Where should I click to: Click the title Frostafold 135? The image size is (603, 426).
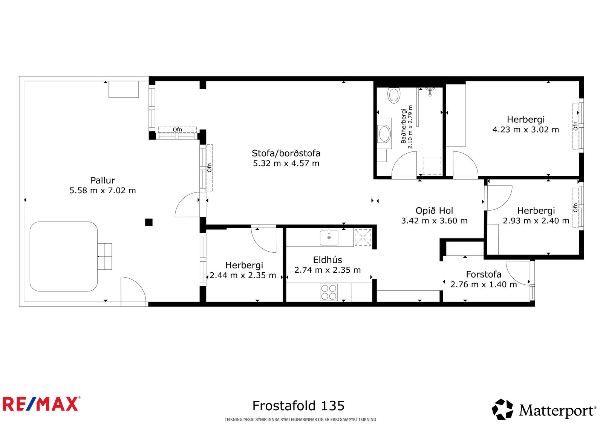(298, 406)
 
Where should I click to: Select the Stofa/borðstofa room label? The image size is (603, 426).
(286, 153)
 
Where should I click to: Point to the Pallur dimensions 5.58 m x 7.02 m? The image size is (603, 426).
(103, 191)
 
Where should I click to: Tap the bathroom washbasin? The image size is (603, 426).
(384, 134)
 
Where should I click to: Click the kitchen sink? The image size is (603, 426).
(329, 238)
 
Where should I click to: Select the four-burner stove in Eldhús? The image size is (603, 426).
(329, 292)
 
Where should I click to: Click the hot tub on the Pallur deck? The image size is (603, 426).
(64, 257)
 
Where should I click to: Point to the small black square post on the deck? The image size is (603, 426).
(149, 222)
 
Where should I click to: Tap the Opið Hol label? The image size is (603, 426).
(434, 211)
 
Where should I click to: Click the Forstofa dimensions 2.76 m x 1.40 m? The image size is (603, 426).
(484, 284)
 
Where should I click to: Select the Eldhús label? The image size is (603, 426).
(328, 260)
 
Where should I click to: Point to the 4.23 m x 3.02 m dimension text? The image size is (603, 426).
(526, 130)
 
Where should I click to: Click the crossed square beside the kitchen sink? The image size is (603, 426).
(363, 237)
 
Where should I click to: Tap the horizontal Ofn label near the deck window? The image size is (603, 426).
(177, 130)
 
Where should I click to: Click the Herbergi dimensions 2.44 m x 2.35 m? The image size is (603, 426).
(243, 275)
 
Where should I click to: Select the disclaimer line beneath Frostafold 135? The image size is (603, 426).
(300, 420)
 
